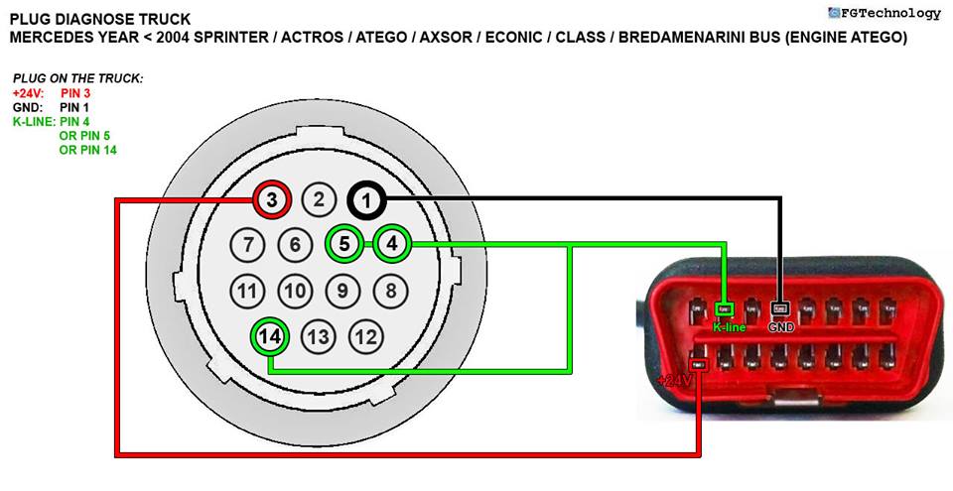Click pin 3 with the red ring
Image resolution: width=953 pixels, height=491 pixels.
click(271, 200)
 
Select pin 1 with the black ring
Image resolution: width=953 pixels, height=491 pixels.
click(367, 200)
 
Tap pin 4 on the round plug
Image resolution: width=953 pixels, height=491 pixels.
click(392, 243)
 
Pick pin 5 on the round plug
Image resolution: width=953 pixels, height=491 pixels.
click(343, 243)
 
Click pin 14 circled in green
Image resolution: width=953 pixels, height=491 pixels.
click(270, 336)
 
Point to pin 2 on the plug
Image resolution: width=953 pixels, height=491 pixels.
click(319, 200)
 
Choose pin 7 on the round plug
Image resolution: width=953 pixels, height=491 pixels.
click(247, 244)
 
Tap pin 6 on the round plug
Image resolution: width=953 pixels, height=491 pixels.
click(295, 244)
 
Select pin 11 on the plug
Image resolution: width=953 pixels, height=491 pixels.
click(247, 291)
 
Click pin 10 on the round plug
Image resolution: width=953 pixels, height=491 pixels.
click(295, 291)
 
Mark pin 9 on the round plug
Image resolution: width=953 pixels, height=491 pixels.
click(342, 291)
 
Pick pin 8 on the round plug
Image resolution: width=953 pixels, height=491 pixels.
click(391, 291)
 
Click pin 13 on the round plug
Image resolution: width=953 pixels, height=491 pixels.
click(319, 337)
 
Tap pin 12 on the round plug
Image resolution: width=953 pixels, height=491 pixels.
click(366, 337)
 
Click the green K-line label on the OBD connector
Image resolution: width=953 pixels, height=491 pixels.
click(729, 326)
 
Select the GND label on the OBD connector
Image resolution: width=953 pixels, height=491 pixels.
click(780, 326)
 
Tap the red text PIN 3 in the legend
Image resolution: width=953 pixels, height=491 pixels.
click(75, 93)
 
